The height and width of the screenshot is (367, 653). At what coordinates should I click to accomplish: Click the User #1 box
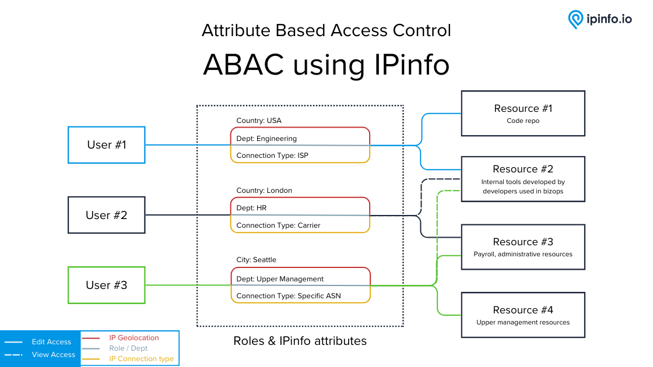tap(107, 144)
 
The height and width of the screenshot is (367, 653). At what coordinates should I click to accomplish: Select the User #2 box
tap(107, 215)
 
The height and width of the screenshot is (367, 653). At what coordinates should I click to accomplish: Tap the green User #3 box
tap(107, 285)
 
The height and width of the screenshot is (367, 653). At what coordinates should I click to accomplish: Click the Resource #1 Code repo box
tap(523, 113)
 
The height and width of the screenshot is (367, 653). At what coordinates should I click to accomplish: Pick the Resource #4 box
tap(523, 315)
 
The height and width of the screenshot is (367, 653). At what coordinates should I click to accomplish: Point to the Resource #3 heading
tap(523, 242)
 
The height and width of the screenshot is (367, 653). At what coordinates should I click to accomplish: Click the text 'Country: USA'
tap(259, 121)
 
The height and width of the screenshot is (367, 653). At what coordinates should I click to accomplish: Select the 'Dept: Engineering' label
tap(266, 139)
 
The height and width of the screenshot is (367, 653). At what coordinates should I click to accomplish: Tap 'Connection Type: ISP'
tap(272, 156)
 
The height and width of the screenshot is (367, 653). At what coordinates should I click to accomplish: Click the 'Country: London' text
tap(264, 190)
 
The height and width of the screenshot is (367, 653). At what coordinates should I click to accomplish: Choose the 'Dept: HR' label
tap(251, 208)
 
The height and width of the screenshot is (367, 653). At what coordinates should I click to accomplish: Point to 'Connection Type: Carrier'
tap(278, 225)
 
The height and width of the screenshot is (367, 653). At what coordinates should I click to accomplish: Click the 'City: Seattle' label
tap(256, 260)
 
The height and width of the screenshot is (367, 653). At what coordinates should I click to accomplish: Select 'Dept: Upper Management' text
tap(280, 279)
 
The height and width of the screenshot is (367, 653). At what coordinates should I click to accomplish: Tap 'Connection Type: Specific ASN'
tap(289, 296)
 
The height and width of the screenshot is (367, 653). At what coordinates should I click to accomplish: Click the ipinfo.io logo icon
tap(575, 19)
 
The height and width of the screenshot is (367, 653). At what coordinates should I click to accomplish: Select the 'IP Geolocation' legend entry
tap(134, 338)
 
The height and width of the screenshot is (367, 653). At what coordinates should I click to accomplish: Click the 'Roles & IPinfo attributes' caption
tap(300, 341)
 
